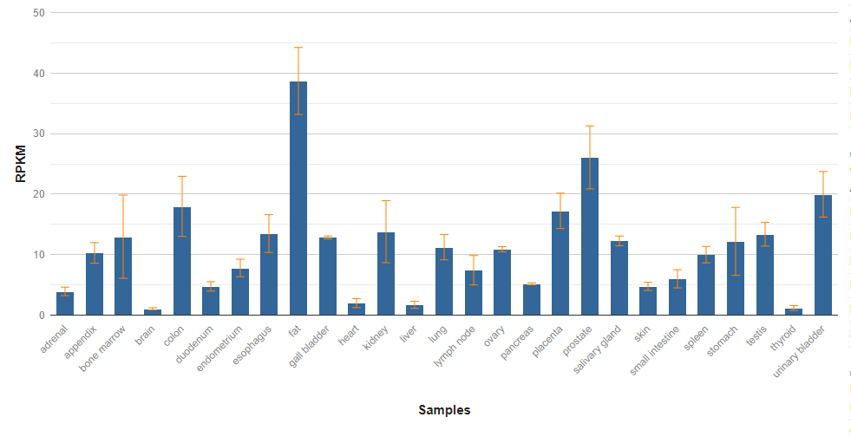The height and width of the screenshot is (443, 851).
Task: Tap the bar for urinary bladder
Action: [x=823, y=255]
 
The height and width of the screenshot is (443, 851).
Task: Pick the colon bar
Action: [x=182, y=261]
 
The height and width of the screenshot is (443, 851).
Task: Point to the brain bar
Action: [x=153, y=312]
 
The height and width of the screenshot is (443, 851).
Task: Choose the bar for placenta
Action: [x=560, y=263]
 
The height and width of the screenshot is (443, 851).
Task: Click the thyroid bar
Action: [x=794, y=311]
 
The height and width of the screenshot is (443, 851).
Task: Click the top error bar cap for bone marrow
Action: [x=123, y=195]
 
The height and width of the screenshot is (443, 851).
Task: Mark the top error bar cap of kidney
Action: [x=386, y=201]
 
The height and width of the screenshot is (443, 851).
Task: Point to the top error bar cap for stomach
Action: [x=736, y=207]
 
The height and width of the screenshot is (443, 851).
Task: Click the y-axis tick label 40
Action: [x=40, y=74]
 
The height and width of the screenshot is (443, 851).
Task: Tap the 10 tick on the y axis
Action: [x=40, y=255]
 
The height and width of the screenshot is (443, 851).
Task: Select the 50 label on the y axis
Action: [x=40, y=13]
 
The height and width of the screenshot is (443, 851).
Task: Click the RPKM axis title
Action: [x=21, y=164]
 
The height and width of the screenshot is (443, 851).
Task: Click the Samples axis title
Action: [x=444, y=410]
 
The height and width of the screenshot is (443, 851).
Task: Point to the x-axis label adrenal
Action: [x=54, y=339]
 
